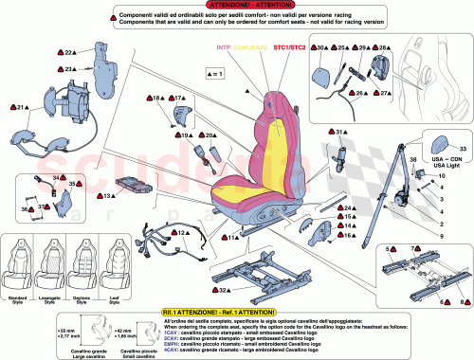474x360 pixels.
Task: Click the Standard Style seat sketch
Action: click(22, 256)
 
